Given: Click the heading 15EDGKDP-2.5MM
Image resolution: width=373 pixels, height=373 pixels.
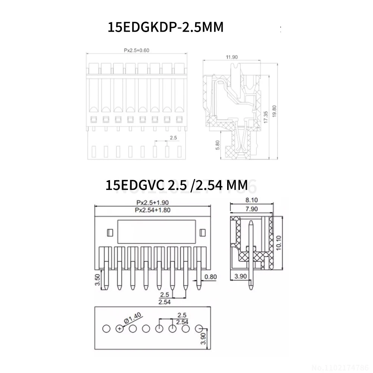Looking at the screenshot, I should (x=165, y=27).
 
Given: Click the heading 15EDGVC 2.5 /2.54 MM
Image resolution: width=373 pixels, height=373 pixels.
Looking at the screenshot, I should (x=176, y=185).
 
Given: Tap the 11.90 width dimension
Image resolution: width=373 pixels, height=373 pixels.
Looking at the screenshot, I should (x=232, y=57).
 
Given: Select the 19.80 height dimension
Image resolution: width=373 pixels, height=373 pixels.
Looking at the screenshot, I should (x=274, y=111).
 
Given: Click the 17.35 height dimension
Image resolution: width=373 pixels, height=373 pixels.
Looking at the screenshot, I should (x=265, y=117).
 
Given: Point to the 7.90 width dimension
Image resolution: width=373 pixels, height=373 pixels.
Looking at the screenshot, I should (x=251, y=209).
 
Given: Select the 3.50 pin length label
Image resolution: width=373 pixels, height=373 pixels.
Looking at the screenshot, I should (x=97, y=279).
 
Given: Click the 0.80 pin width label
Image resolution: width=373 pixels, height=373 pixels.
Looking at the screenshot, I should (x=210, y=277).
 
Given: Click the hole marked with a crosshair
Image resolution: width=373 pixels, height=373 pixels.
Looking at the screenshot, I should (x=119, y=329).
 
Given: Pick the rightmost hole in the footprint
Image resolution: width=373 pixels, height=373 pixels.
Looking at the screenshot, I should (x=199, y=329).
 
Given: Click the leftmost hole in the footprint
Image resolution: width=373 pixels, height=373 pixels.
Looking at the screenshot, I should (x=106, y=329).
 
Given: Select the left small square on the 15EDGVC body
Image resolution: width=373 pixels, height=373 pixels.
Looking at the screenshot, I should (x=110, y=232).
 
